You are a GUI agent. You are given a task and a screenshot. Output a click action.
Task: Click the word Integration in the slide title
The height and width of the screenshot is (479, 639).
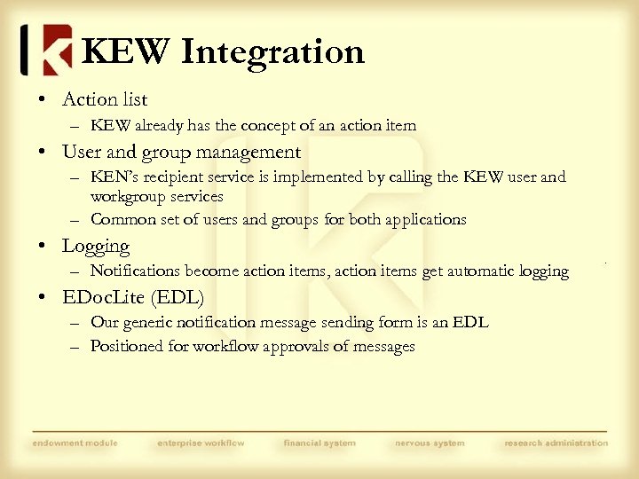click(272, 51)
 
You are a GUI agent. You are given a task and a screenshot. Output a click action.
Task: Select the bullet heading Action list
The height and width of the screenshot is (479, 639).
click(104, 99)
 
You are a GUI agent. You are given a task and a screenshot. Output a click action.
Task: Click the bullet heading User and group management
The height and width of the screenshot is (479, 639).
click(181, 153)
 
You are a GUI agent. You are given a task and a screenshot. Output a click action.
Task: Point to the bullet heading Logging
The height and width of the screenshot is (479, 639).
click(96, 246)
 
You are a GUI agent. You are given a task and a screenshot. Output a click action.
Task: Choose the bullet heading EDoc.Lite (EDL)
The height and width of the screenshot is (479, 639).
click(132, 297)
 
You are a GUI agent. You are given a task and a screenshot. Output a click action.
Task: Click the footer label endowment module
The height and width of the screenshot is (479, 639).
click(75, 443)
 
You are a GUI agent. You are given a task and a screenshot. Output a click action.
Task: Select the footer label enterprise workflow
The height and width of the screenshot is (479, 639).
click(201, 443)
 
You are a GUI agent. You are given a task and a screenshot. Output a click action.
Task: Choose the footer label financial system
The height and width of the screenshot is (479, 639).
click(319, 443)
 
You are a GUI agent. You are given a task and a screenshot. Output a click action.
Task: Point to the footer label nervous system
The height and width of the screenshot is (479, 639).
click(430, 443)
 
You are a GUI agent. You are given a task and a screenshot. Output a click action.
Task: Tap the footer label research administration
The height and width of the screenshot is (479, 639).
click(556, 443)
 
